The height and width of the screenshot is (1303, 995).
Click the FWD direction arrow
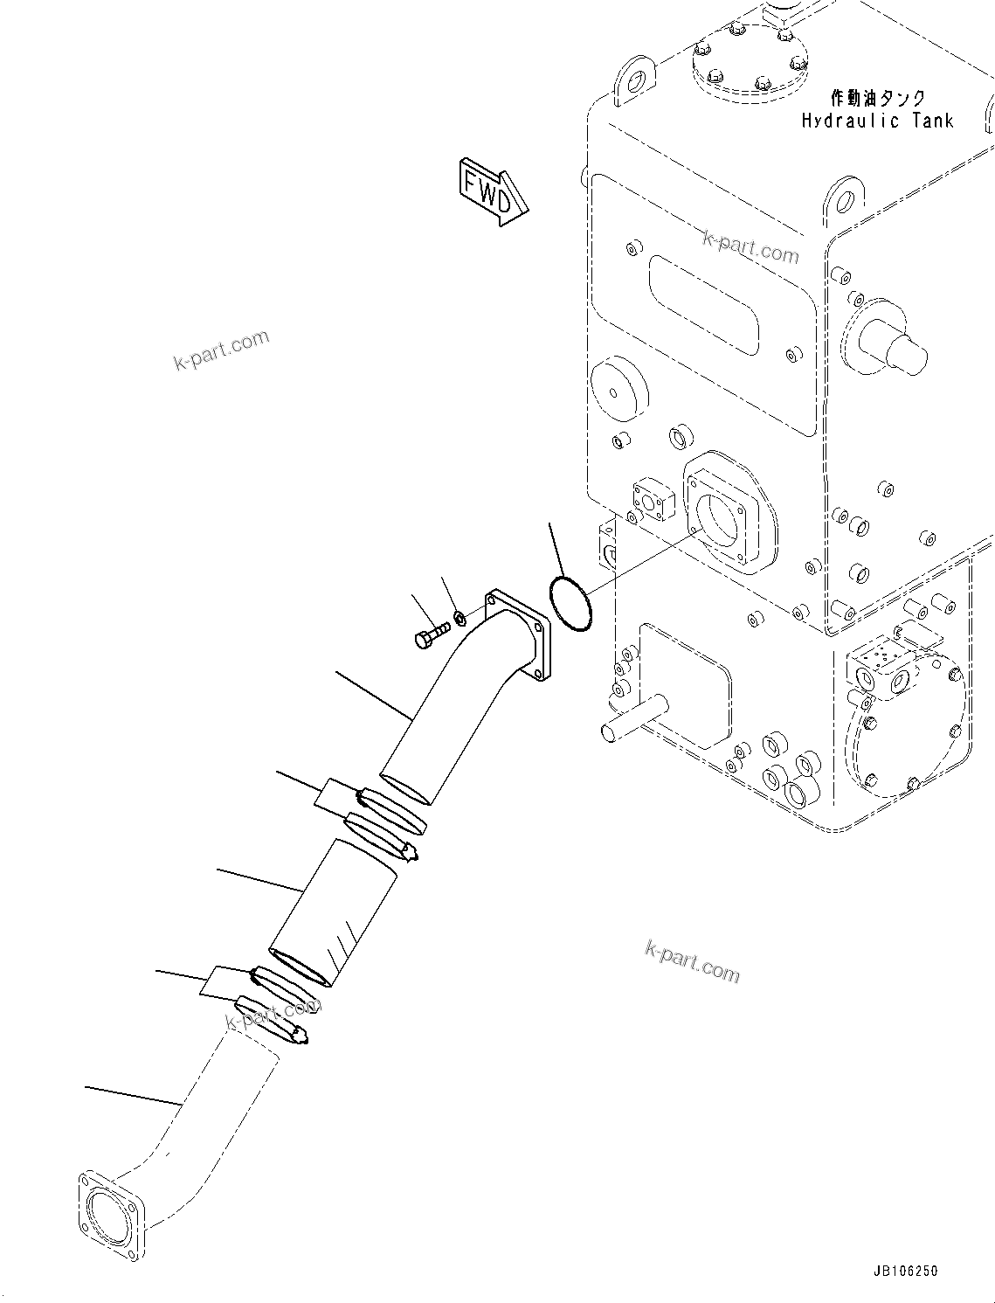point(492,191)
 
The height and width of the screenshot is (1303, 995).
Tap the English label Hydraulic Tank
point(877,121)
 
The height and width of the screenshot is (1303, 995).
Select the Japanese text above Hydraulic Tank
point(877,97)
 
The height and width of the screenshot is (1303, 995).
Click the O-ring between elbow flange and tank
point(570,601)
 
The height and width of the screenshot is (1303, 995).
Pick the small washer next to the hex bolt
point(461,619)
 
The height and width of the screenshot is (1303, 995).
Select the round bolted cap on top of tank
point(750,57)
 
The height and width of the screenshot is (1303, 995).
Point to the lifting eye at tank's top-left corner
point(634,81)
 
